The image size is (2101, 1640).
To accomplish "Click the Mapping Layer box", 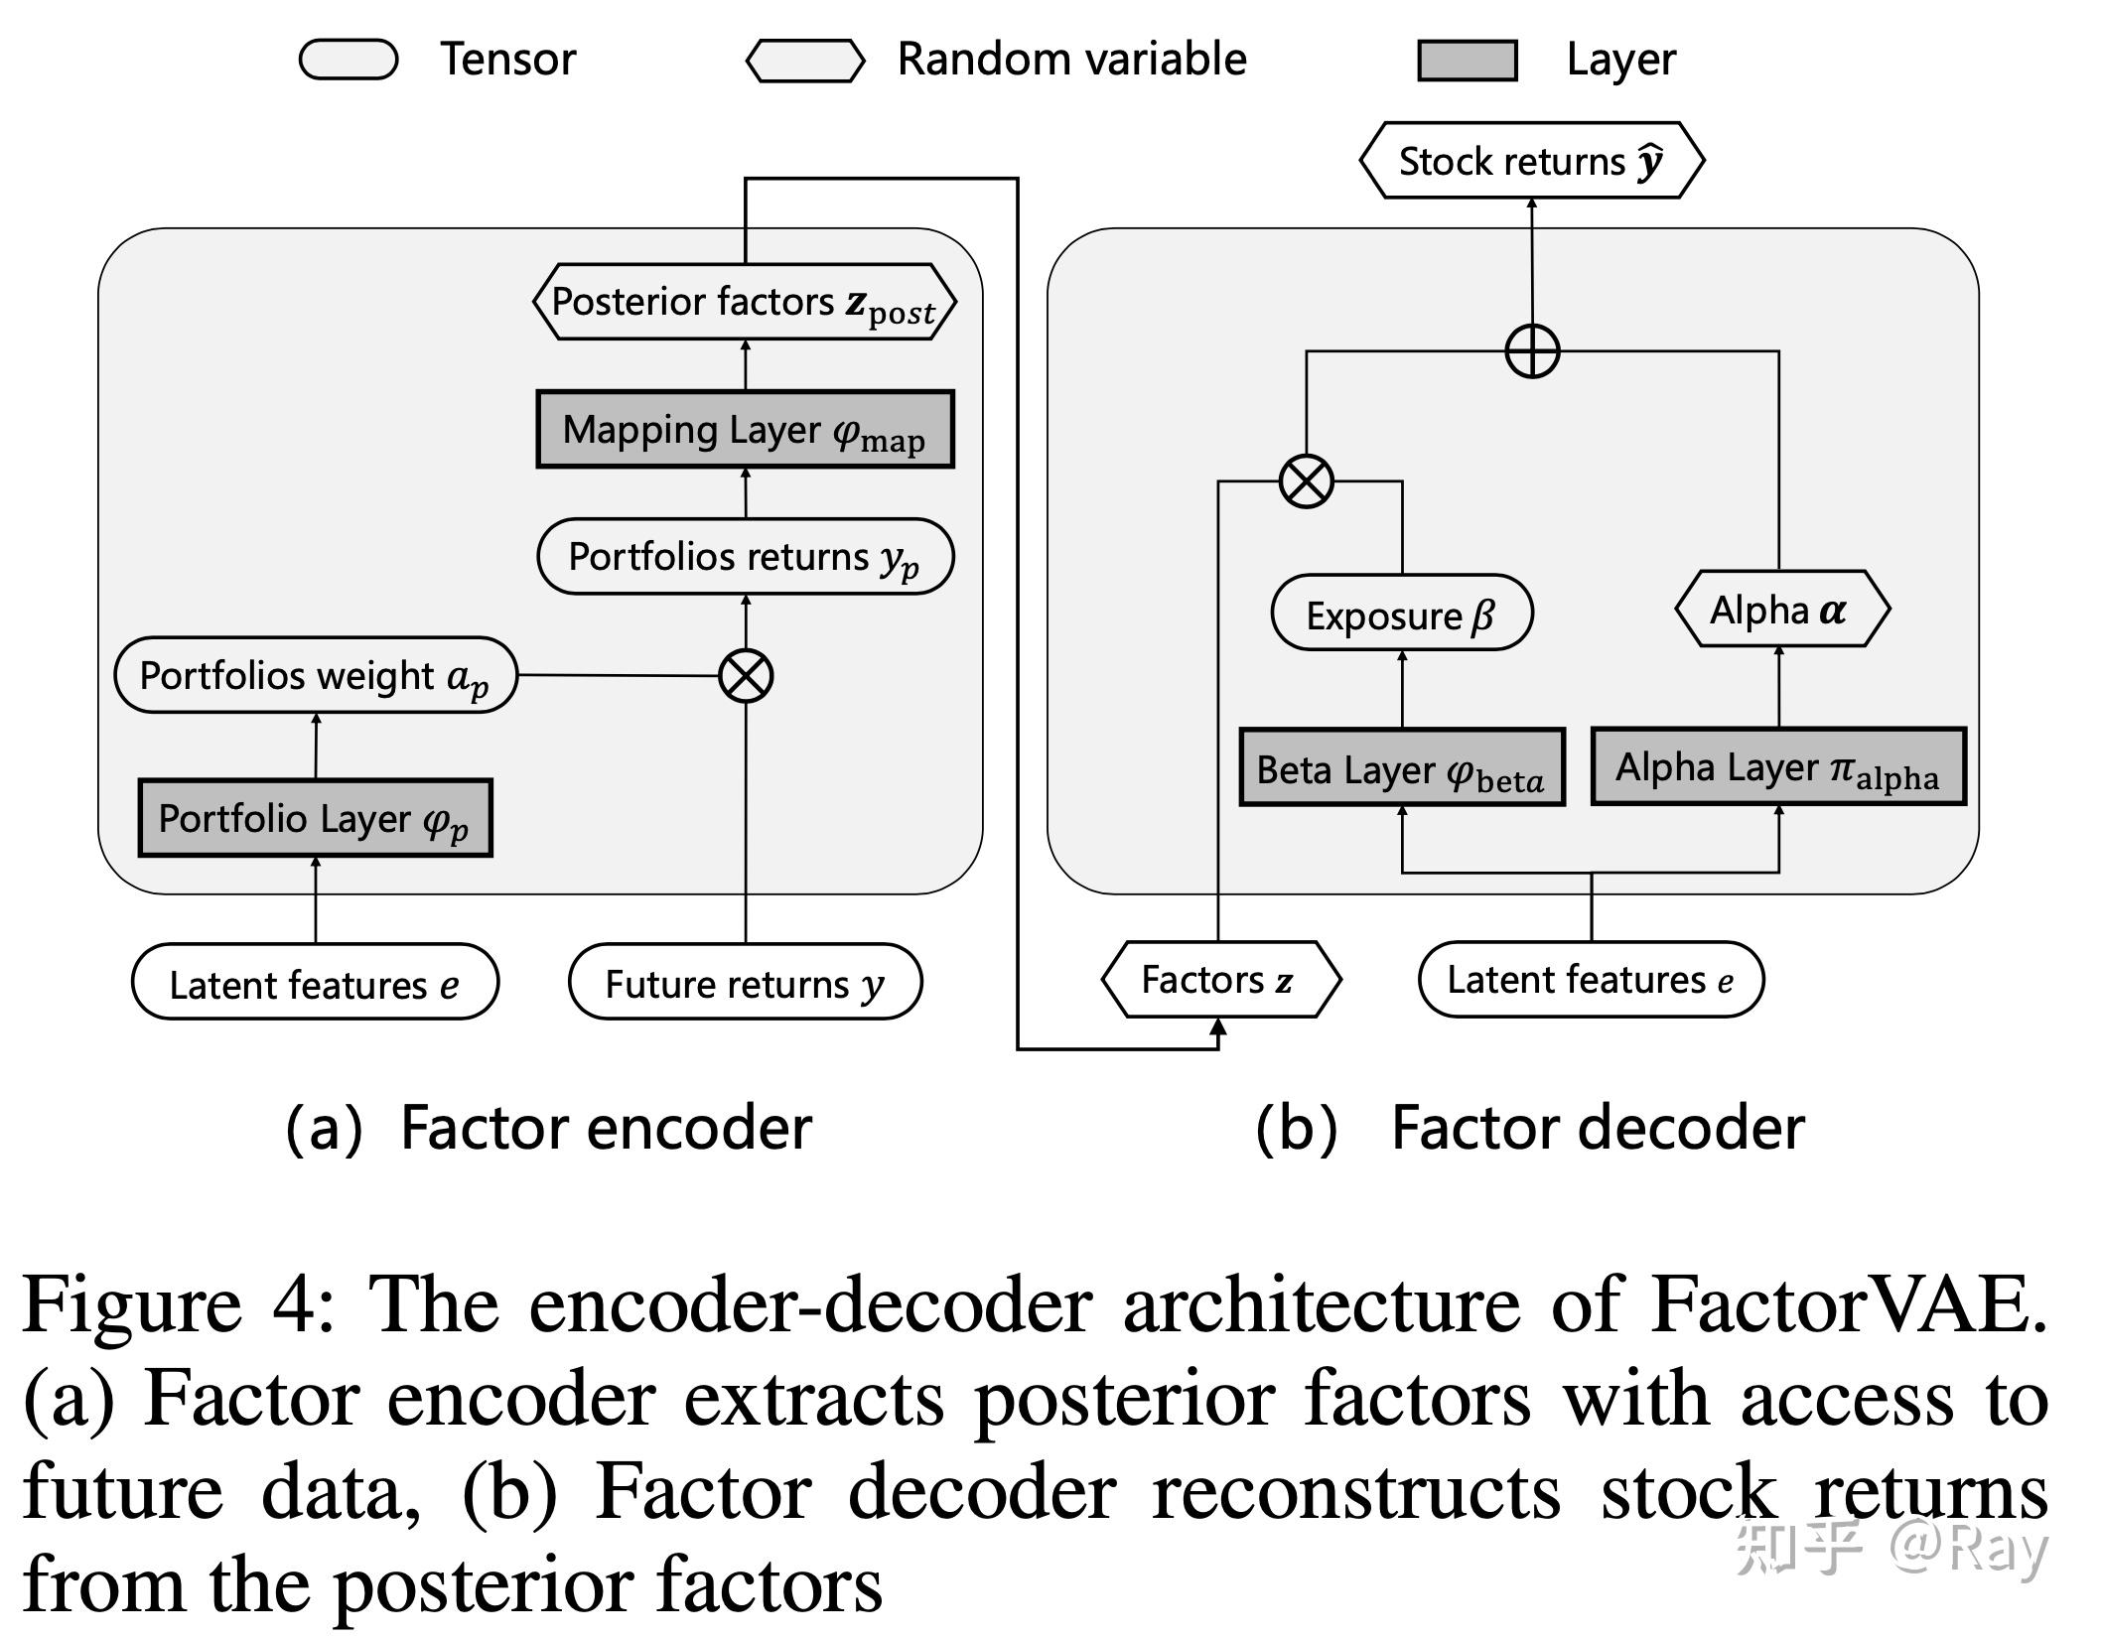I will point(745,430).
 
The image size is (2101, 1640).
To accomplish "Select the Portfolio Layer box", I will point(315,818).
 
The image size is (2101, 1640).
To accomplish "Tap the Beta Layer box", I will point(1401,768).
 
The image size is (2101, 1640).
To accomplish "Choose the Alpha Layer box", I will point(1777,766).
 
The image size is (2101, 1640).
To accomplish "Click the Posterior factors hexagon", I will point(745,302).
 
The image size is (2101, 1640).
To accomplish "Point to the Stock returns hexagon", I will point(1531,161).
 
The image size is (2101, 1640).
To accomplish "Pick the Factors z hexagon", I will point(1219,980).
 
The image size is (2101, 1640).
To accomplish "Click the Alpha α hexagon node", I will point(1781,610).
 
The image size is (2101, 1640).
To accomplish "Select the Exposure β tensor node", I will point(1401,614).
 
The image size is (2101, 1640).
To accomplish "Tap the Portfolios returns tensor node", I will point(745,557).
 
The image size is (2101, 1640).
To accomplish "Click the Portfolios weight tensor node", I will point(316,675).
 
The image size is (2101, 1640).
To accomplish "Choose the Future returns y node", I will point(745,983).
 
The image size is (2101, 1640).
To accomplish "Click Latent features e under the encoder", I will point(315,983).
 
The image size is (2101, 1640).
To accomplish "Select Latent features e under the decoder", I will point(1591,980).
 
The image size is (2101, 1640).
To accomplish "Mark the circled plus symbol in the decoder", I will point(1532,351).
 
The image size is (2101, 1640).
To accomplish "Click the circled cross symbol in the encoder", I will point(746,676).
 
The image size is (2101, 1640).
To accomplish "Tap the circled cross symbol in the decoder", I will point(1306,481).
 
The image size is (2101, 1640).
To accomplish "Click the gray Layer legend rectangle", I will point(1467,61).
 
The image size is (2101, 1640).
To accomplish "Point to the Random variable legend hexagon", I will point(805,61).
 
